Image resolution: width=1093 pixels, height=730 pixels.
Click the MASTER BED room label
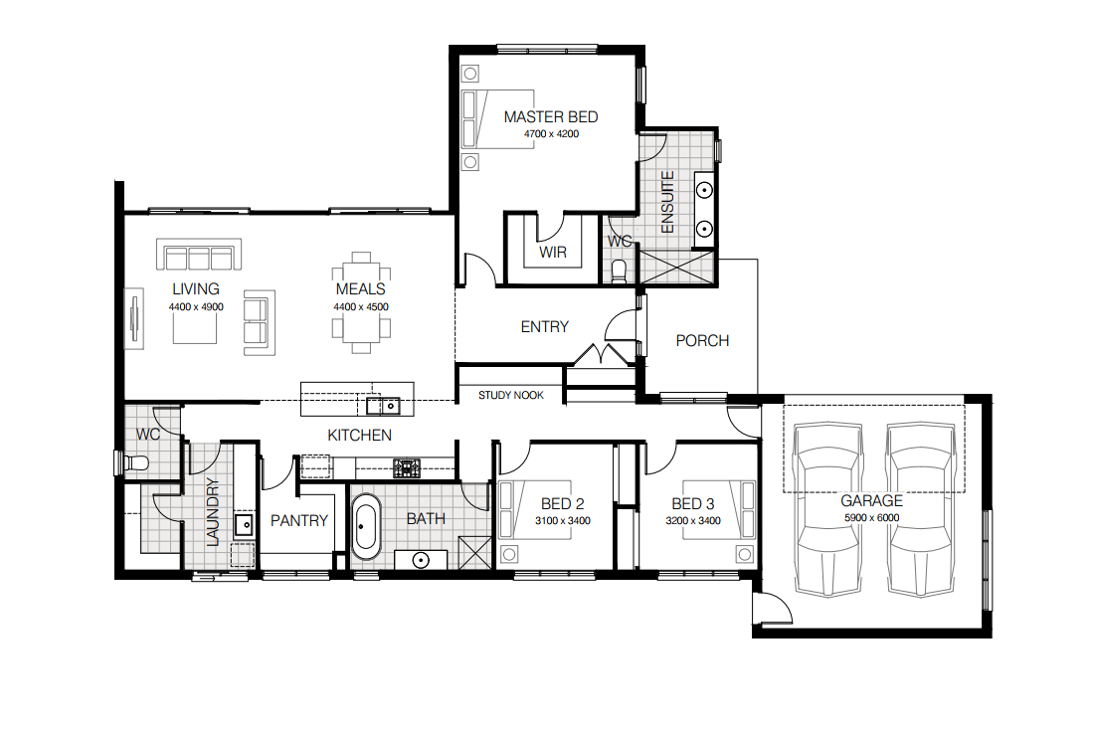[x=551, y=117]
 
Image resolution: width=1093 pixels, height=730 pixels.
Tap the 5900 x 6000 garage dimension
[x=871, y=517]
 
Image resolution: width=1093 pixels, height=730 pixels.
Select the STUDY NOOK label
[x=511, y=395]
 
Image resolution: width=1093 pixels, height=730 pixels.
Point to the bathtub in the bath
[x=365, y=526]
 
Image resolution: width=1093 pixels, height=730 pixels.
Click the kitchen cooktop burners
[x=407, y=467]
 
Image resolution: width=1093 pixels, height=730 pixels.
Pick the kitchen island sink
[x=383, y=405]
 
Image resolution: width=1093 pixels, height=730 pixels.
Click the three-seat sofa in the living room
[x=199, y=255]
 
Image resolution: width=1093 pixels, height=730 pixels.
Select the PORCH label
[x=702, y=341]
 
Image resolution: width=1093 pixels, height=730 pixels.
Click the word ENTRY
[x=544, y=327]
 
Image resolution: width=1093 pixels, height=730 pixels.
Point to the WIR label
[x=553, y=253]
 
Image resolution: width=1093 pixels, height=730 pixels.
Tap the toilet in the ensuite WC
[x=619, y=270]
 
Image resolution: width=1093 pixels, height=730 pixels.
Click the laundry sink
[x=244, y=524]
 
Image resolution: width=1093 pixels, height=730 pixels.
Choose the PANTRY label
[x=299, y=521]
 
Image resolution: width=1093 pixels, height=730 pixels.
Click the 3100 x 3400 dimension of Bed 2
[x=563, y=521]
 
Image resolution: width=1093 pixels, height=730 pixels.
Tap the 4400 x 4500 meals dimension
[x=360, y=306]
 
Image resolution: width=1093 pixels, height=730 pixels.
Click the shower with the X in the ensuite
[x=677, y=268]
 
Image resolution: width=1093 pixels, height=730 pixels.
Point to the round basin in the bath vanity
[x=421, y=560]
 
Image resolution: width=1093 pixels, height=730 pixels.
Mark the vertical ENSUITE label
[x=667, y=202]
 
